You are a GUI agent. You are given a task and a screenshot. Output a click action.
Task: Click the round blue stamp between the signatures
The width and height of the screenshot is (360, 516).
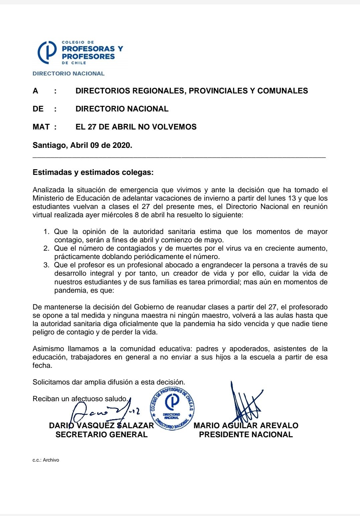172,408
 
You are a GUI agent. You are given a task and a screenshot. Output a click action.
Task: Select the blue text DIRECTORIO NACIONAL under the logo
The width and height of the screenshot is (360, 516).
68,73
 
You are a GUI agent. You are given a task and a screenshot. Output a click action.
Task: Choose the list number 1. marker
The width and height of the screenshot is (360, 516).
47,232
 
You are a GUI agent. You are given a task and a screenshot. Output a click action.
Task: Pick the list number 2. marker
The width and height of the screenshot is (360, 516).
47,248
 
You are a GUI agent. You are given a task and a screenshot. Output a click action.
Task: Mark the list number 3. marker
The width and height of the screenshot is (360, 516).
47,265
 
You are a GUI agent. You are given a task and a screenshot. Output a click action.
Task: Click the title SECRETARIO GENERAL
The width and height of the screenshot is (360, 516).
101,435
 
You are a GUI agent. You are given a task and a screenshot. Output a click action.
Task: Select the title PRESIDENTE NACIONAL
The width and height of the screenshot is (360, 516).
246,435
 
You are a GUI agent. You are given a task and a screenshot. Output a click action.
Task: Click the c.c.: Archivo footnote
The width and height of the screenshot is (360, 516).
46,460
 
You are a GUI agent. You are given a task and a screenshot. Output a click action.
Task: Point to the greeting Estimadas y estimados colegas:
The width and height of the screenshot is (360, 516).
93,173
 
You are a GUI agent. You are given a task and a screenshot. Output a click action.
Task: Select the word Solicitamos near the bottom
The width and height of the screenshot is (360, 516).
51,382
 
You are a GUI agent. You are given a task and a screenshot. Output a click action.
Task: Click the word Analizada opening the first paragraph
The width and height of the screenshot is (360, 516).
48,190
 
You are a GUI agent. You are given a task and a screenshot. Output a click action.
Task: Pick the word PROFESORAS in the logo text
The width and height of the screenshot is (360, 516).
88,49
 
